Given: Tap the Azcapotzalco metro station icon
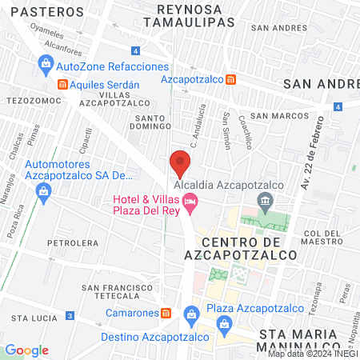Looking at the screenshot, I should (230, 79).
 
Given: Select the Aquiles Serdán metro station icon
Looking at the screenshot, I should (62, 84).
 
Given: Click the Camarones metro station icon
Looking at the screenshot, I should (166, 314).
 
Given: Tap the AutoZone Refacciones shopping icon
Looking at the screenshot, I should (45, 64).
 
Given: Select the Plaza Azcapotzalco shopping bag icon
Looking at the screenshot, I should (190, 313).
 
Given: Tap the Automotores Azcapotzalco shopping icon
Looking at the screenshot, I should (44, 190).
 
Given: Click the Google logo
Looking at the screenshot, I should (26, 350).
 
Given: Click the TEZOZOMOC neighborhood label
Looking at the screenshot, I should (29, 102).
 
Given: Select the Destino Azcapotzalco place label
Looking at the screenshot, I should (143, 337).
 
